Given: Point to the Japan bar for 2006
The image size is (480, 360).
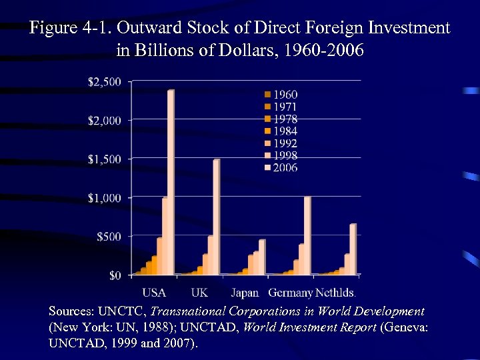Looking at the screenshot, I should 261,257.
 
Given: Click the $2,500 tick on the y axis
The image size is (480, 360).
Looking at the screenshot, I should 105,81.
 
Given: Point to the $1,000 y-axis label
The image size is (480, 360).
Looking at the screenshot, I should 105,197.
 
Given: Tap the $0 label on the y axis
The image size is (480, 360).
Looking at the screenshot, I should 114,275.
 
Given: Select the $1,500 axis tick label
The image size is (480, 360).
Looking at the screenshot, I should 105,159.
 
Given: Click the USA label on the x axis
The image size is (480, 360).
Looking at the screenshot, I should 154,292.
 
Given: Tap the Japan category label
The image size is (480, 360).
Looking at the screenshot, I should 245,292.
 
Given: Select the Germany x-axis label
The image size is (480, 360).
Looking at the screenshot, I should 290,292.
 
